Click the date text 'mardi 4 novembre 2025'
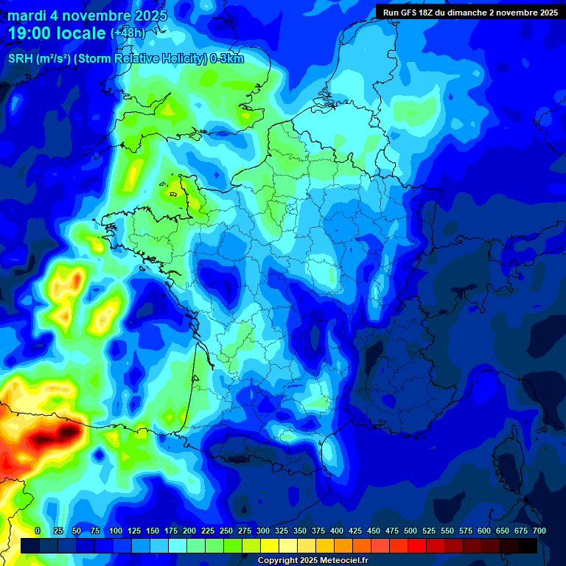(x=87, y=15)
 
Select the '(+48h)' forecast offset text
(x=128, y=33)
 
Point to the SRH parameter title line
(x=125, y=59)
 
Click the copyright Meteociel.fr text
(x=312, y=560)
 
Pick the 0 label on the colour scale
(x=38, y=531)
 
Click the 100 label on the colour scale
(x=116, y=531)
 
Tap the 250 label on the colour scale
(x=226, y=531)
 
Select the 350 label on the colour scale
(x=300, y=531)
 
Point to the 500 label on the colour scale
(x=410, y=531)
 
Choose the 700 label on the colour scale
(x=539, y=531)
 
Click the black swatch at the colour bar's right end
(x=528, y=545)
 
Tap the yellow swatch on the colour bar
(x=270, y=545)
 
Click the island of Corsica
(x=511, y=450)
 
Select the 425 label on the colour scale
(x=355, y=531)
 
